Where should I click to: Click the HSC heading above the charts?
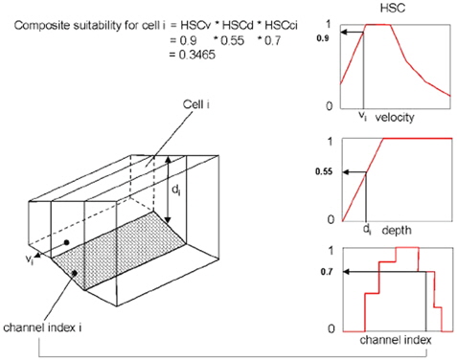pos(393,8)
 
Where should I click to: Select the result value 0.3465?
pos(196,55)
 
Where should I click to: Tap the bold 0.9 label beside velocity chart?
pos(323,38)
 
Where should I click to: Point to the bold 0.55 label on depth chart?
pos(324,171)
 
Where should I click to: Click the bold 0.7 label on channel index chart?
pos(327,272)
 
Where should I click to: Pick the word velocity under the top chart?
pos(395,118)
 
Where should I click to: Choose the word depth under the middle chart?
pos(397,230)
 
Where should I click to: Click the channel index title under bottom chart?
pos(396,340)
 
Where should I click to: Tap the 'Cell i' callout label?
pos(196,104)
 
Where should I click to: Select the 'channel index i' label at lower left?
pos(42,327)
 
